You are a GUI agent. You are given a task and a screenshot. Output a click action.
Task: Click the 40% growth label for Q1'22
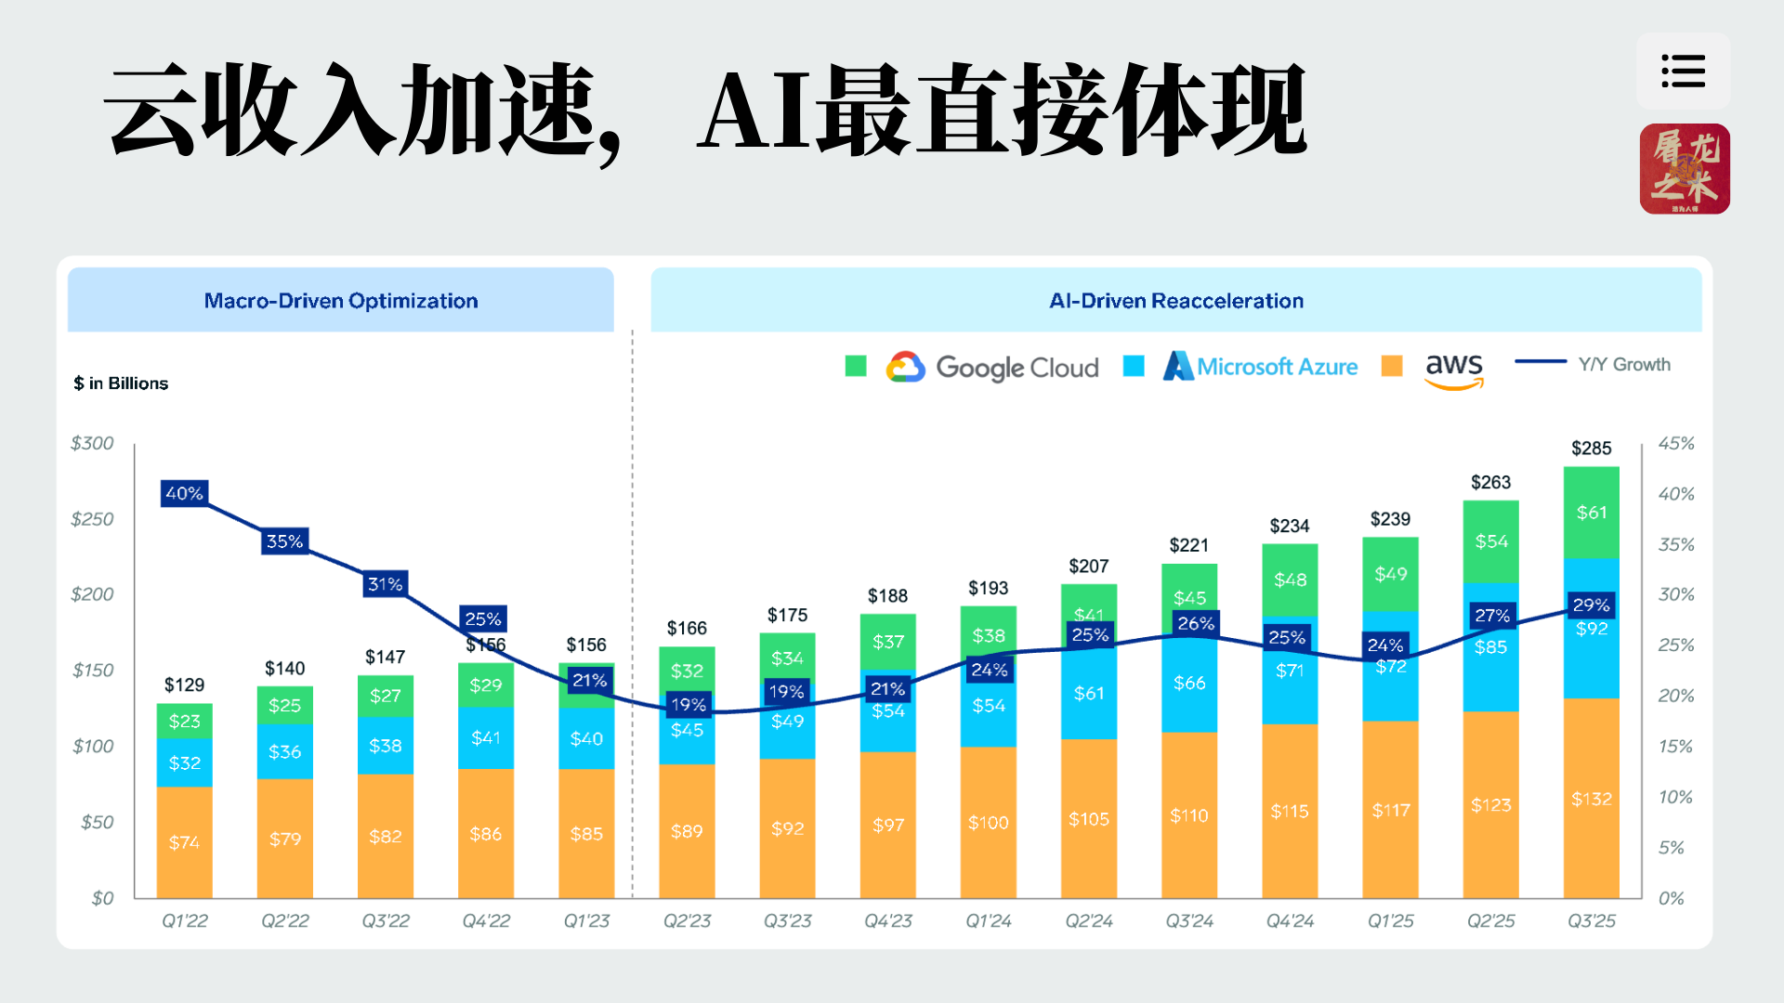(x=184, y=493)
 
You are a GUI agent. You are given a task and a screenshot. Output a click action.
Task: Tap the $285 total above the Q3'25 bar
(x=1591, y=449)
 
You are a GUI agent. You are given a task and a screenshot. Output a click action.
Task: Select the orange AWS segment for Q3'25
(x=1591, y=798)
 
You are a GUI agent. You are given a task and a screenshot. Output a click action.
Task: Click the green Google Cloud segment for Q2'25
(x=1490, y=541)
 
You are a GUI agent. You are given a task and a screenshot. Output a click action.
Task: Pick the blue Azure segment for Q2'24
(x=1088, y=693)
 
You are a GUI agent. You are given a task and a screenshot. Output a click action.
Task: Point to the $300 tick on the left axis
(x=93, y=443)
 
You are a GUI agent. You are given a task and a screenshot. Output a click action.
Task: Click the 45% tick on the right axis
(x=1676, y=443)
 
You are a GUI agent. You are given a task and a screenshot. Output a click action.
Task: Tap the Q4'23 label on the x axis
(x=887, y=920)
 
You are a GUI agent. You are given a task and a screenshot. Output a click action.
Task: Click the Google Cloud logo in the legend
(x=992, y=367)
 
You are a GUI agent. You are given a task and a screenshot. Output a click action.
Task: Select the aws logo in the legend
(x=1454, y=368)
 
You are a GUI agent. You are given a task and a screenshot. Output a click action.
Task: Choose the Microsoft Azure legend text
(x=1277, y=367)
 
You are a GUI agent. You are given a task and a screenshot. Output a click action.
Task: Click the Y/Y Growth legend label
(x=1623, y=364)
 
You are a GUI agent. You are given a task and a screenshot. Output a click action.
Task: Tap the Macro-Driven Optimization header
(x=341, y=300)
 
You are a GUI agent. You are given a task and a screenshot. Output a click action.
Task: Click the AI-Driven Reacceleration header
(x=1176, y=300)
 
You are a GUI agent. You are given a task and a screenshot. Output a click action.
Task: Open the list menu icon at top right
(x=1683, y=72)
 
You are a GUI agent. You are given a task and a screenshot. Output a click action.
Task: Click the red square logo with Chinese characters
(x=1684, y=169)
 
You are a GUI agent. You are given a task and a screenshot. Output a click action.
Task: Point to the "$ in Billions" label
(x=121, y=384)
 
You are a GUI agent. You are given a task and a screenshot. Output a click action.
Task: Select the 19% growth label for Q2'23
(x=689, y=705)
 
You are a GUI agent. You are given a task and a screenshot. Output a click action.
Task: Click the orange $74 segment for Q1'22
(x=184, y=841)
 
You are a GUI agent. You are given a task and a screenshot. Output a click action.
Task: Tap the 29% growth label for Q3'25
(x=1591, y=605)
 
